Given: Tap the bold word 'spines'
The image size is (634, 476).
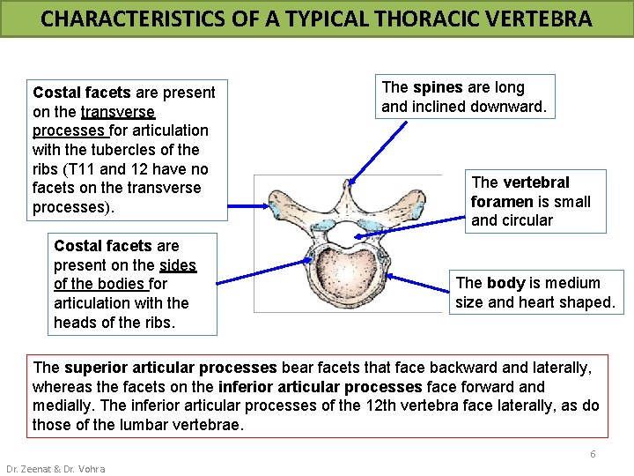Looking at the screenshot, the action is (x=438, y=87).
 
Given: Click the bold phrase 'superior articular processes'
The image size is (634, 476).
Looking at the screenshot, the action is (x=170, y=368).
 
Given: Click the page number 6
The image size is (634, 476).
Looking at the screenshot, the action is (x=593, y=454).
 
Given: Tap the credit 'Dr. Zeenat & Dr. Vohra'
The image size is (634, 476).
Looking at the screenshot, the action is (x=55, y=468).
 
